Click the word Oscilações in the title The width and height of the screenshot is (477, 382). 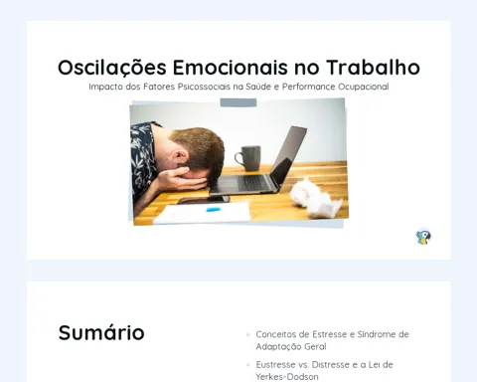point(112,68)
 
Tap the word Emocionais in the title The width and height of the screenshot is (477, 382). point(231,68)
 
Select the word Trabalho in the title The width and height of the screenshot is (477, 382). point(374,68)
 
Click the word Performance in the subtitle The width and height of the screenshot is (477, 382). point(309,87)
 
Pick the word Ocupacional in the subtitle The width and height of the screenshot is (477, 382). point(364,87)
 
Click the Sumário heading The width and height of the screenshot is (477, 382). point(101,332)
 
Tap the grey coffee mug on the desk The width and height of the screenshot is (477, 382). point(248,158)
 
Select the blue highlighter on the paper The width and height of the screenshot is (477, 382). point(213,210)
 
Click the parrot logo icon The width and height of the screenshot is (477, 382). point(423,237)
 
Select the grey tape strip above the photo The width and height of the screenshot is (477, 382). point(238,102)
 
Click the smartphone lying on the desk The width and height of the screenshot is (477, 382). point(203,200)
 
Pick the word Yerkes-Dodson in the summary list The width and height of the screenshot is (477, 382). point(287,377)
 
